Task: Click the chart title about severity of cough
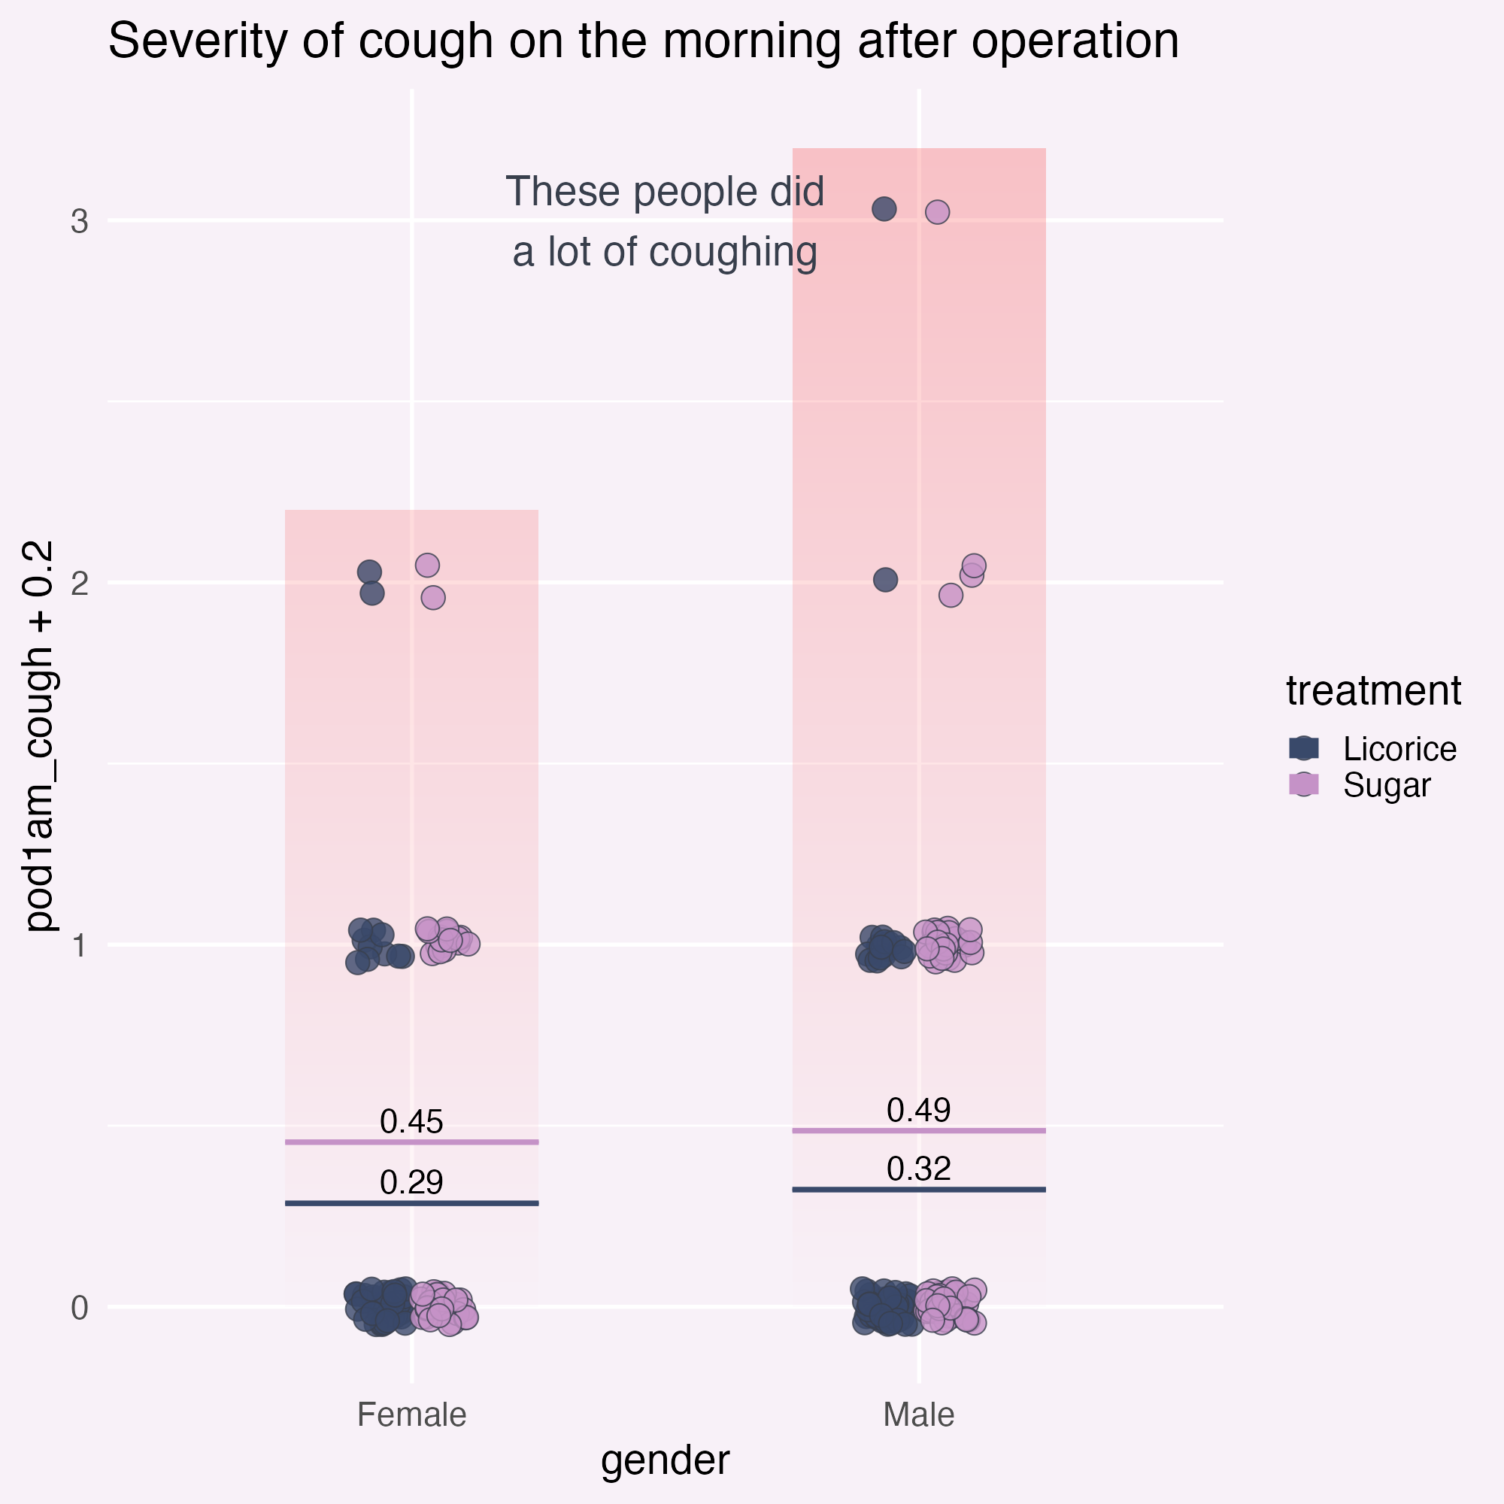point(643,41)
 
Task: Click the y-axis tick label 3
point(80,222)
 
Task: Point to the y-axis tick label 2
point(80,583)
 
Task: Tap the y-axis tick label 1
point(80,946)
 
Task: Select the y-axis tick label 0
point(80,1308)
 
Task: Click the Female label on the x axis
point(412,1415)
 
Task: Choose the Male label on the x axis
point(919,1415)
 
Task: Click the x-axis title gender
point(666,1461)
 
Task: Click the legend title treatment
point(1373,690)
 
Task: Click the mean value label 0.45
point(412,1122)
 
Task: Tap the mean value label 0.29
point(412,1182)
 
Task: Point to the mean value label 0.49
point(919,1110)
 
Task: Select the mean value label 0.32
point(919,1169)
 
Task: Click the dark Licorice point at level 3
point(884,208)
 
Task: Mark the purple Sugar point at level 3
point(937,212)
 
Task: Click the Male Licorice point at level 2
point(885,580)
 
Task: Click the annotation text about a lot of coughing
point(665,222)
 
